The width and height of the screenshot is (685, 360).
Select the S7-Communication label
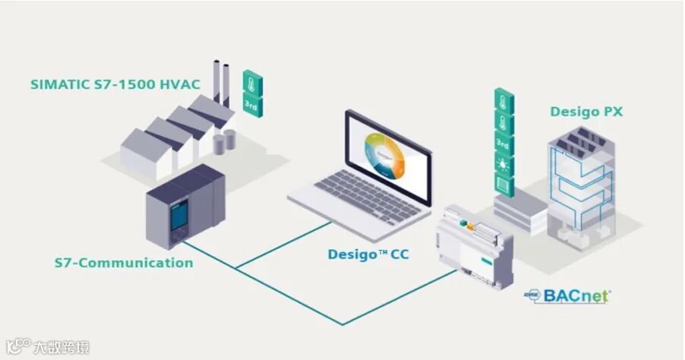[124, 263]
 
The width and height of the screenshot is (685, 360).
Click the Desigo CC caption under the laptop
[368, 254]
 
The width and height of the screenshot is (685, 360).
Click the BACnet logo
[570, 294]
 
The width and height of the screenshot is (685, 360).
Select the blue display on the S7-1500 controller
[175, 216]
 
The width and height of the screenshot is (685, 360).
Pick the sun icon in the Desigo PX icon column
[502, 163]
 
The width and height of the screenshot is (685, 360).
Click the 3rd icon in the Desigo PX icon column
[502, 142]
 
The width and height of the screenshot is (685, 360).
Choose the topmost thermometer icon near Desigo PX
[502, 100]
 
